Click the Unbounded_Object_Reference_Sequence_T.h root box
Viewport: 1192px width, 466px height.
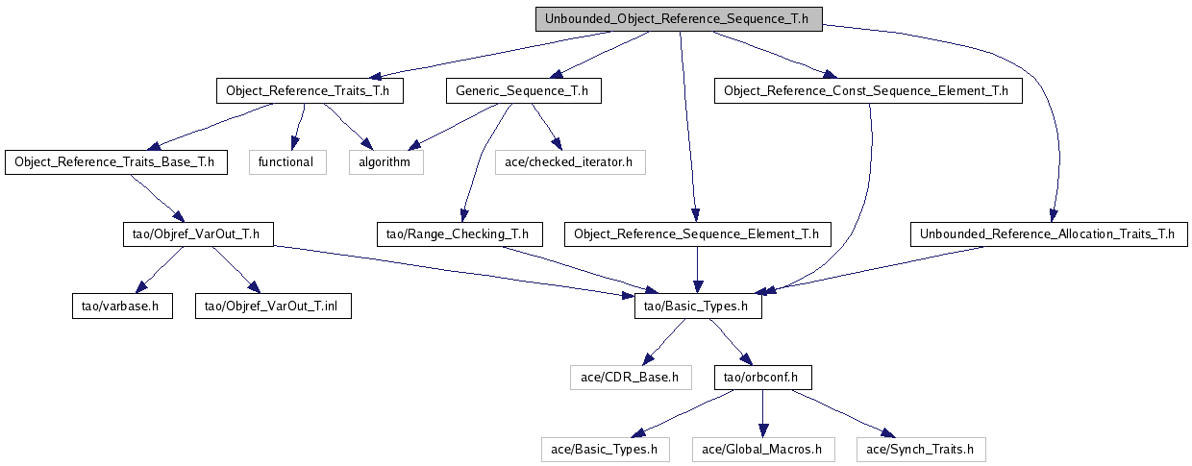(679, 19)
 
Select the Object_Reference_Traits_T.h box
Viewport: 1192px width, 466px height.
(310, 91)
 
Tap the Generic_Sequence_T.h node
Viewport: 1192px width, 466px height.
(524, 91)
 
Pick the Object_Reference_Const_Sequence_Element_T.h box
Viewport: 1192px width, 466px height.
(868, 91)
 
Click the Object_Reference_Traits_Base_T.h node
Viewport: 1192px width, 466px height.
(116, 162)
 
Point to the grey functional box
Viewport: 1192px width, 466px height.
(287, 162)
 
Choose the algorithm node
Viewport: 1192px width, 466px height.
(386, 162)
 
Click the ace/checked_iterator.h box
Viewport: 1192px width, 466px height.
(570, 162)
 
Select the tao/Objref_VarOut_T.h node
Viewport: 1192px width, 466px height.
(198, 234)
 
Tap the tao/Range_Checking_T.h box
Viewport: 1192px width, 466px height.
(459, 234)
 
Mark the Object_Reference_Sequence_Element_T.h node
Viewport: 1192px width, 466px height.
(698, 234)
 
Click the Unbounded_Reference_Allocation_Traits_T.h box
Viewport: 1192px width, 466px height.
(1049, 234)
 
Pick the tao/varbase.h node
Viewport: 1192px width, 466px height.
(122, 307)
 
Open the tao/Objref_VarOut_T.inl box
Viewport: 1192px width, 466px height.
(273, 307)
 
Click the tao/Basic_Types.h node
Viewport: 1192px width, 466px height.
(698, 307)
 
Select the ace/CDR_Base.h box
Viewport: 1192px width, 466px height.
(631, 378)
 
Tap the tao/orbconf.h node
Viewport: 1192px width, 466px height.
(763, 378)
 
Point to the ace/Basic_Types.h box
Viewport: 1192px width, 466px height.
(606, 450)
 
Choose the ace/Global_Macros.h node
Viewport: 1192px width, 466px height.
(763, 450)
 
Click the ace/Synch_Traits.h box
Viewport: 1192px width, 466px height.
(921, 450)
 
